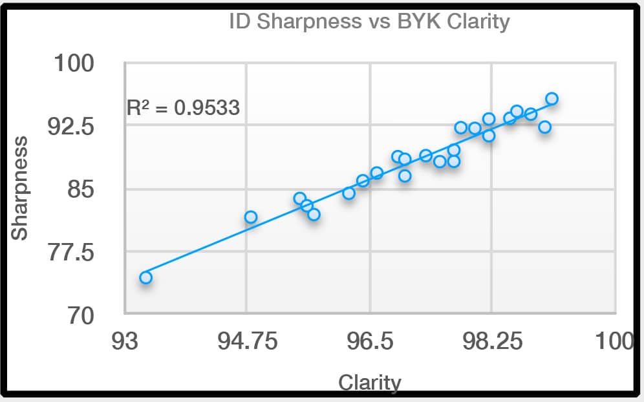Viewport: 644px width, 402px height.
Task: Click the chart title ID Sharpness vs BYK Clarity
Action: click(x=369, y=21)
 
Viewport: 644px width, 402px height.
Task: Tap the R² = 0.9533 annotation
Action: click(x=183, y=107)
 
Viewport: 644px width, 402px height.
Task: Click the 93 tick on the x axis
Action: click(x=124, y=341)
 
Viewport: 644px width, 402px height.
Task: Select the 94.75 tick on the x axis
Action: click(x=248, y=341)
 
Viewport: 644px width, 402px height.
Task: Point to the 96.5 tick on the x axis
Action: click(x=369, y=341)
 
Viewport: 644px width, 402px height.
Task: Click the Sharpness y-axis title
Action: click(x=21, y=187)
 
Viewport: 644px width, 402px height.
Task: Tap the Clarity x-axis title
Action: click(x=369, y=383)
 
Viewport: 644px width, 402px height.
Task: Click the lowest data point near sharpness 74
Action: click(x=145, y=277)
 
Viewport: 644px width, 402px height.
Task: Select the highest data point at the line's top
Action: click(x=552, y=99)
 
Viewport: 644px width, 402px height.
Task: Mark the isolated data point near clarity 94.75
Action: click(x=251, y=217)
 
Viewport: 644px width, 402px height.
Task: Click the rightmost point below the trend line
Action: click(x=544, y=127)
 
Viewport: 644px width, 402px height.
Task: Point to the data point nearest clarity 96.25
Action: click(x=349, y=193)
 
